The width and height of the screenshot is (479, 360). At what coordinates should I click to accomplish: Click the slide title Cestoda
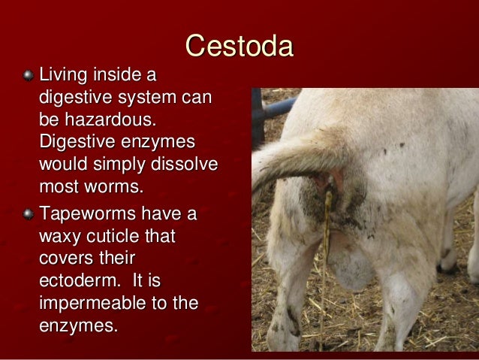[239, 47]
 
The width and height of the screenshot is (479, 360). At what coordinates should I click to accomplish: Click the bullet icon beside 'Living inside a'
[28, 76]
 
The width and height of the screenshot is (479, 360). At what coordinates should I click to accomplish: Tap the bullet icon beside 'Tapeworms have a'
[28, 214]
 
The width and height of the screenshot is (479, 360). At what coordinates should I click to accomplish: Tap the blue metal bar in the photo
[279, 107]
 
